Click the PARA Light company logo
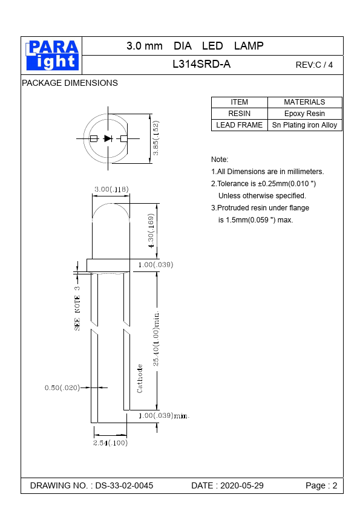click(x=52, y=55)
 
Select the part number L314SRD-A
click(x=201, y=64)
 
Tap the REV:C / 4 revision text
click(x=314, y=65)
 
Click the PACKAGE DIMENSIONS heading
click(x=70, y=83)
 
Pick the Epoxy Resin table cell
click(x=304, y=114)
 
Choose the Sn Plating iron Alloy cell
click(x=304, y=125)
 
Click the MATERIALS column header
click(x=304, y=102)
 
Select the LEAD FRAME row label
click(x=239, y=125)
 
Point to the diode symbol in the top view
click(x=108, y=138)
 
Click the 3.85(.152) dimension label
click(x=155, y=138)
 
